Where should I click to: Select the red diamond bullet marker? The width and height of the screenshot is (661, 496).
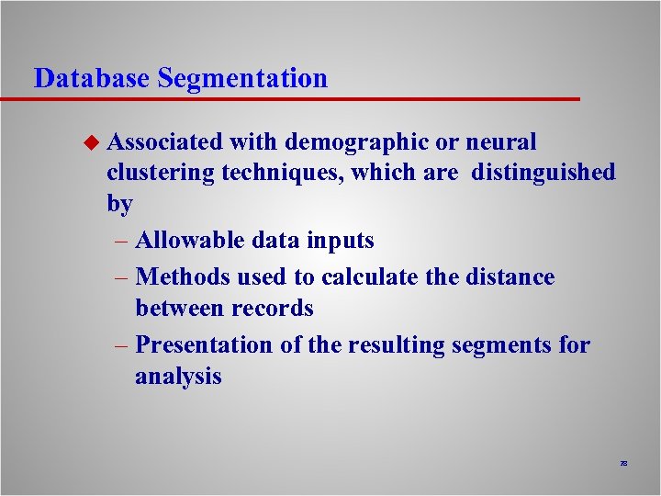coord(90,142)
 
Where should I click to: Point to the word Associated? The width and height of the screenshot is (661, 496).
coord(164,142)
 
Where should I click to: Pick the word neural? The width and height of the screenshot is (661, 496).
coord(501,142)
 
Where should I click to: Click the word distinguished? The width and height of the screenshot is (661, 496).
coord(543,174)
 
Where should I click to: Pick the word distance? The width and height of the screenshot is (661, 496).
coord(510,276)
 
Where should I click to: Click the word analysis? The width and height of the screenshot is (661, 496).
coord(178,378)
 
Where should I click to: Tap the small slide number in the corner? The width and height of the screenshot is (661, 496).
coord(623,465)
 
